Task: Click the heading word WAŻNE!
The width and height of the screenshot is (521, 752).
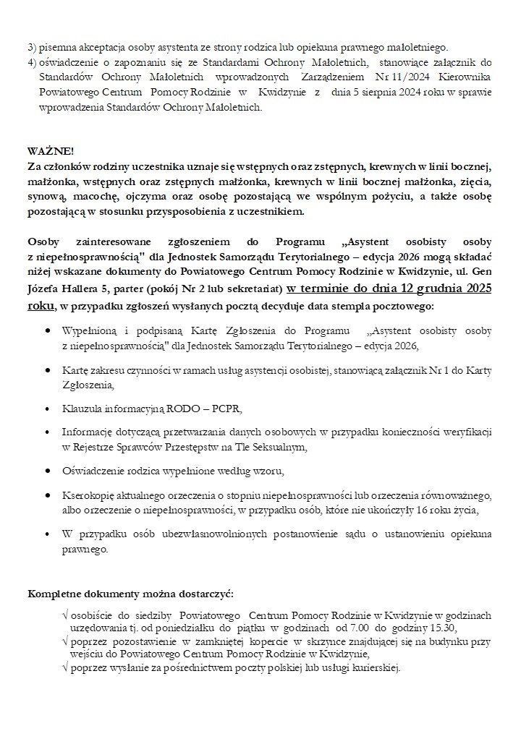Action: (x=51, y=151)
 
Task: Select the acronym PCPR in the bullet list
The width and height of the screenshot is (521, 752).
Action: (x=227, y=408)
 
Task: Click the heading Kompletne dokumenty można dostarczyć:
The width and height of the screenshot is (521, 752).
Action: (x=130, y=594)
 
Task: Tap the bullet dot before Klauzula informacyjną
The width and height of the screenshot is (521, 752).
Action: (x=48, y=408)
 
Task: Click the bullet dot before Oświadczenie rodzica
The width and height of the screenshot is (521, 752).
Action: (x=48, y=471)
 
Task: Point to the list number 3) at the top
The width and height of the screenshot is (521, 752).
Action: (x=32, y=48)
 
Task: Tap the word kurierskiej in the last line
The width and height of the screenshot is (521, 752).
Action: (x=374, y=667)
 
